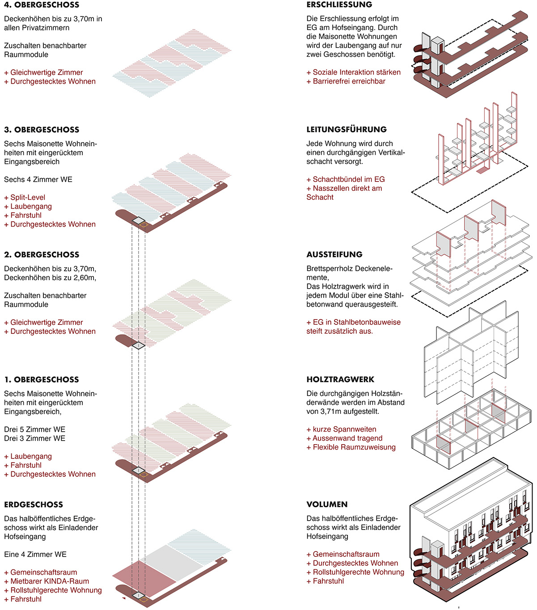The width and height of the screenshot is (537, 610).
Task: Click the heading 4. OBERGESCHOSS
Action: [42, 5]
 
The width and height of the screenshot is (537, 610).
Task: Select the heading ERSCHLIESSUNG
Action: [339, 5]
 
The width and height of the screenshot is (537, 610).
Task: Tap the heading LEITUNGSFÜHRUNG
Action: [347, 130]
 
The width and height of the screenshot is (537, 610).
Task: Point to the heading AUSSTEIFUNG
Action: [334, 255]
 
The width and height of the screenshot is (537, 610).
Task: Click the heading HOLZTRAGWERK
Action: [340, 379]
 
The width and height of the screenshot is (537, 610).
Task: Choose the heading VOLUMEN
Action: [327, 505]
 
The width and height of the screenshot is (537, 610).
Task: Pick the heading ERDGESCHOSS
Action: [34, 505]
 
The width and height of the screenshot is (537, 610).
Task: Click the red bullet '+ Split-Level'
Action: [25, 198]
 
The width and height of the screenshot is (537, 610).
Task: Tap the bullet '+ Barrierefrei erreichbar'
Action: [346, 81]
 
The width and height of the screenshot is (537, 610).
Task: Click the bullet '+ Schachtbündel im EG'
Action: [345, 179]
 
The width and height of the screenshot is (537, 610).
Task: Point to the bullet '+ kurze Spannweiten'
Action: [341, 429]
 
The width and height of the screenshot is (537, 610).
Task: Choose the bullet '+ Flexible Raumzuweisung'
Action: [351, 447]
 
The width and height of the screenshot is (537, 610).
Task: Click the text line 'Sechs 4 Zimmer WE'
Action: [38, 180]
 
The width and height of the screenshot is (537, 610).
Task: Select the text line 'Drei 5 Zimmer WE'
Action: [34, 429]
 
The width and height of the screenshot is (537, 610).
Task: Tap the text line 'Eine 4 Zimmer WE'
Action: [35, 555]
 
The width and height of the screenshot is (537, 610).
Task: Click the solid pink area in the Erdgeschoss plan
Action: [143, 576]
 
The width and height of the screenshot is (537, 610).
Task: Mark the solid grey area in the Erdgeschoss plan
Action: [172, 561]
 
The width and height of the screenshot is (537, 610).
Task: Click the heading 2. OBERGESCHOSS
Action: [42, 255]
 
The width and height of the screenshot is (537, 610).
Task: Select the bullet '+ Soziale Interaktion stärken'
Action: [353, 72]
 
